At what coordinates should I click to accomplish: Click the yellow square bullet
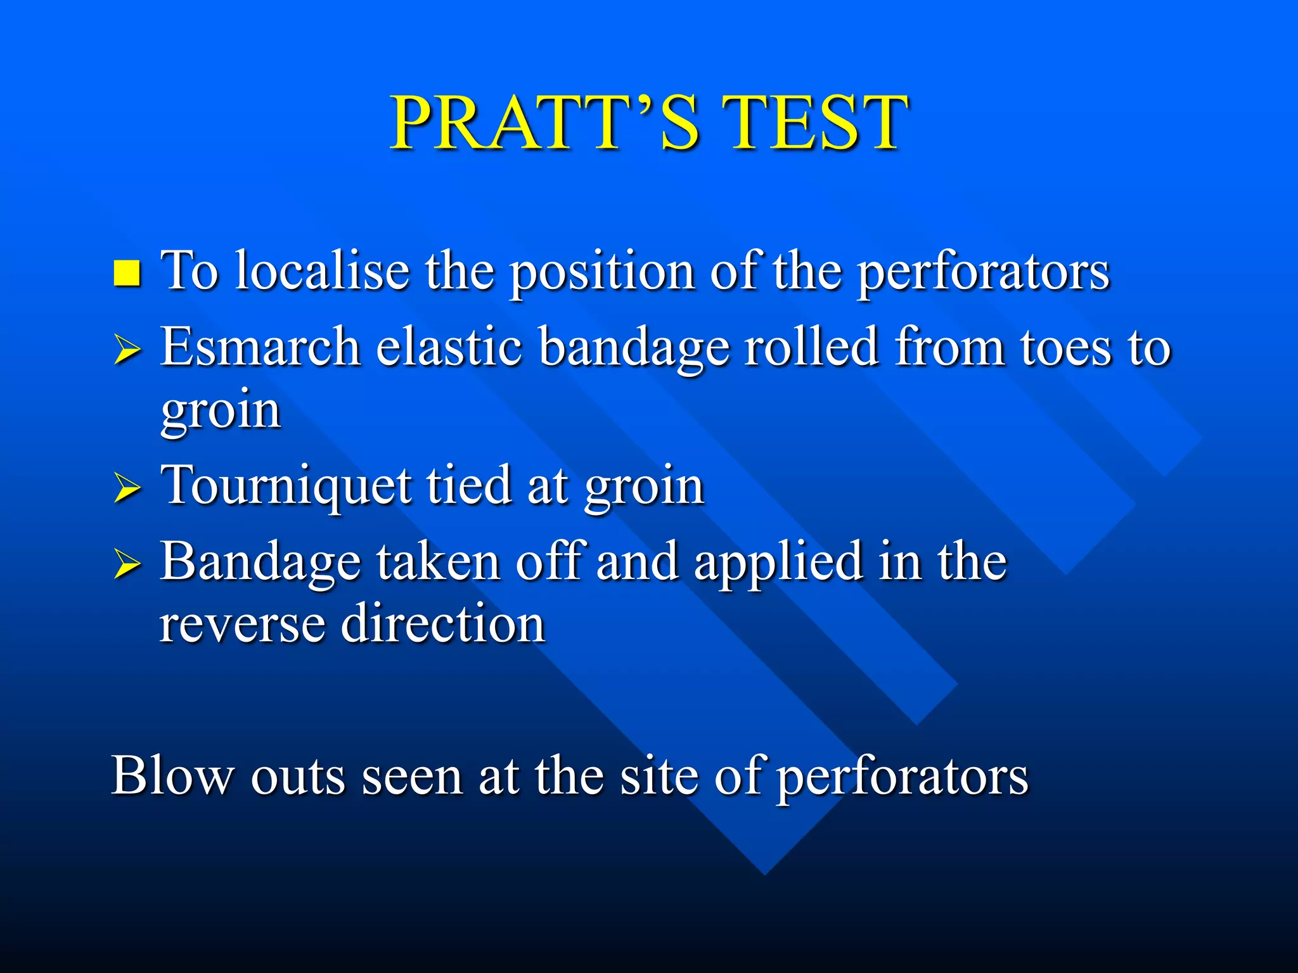pyautogui.click(x=127, y=273)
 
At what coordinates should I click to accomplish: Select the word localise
pyautogui.click(x=322, y=270)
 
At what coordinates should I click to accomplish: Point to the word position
pyautogui.click(x=602, y=273)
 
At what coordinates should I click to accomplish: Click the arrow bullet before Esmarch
pyautogui.click(x=127, y=350)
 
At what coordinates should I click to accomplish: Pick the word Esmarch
pyautogui.click(x=260, y=347)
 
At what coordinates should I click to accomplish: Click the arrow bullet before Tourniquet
pyautogui.click(x=127, y=489)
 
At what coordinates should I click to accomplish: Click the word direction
pyautogui.click(x=443, y=623)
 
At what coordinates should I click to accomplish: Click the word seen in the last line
pyautogui.click(x=411, y=776)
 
